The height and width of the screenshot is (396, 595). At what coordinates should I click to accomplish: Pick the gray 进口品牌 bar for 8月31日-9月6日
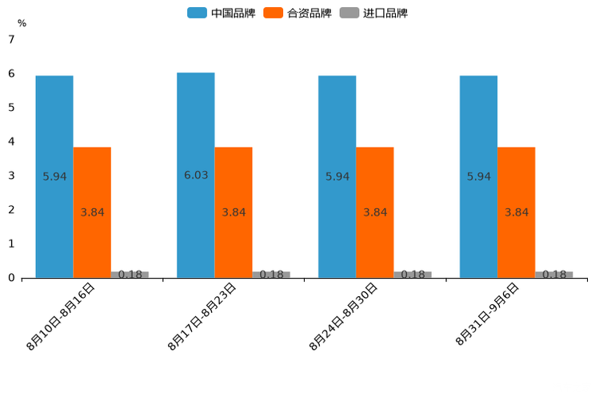pos(553,275)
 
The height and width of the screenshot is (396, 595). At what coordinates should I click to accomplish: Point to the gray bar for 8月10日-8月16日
pos(130,275)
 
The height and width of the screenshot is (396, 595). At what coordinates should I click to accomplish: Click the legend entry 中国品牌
pos(222,13)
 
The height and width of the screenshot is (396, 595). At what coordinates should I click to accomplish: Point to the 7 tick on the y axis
pos(11,39)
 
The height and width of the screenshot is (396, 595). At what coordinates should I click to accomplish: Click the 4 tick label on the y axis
pos(11,141)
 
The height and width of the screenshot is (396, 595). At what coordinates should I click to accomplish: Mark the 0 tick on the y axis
pos(11,278)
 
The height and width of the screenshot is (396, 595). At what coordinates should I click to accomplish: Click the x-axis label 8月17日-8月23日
pos(202,316)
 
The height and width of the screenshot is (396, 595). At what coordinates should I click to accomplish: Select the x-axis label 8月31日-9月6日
pos(488,315)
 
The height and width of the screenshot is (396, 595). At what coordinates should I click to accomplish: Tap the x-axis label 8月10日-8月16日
pos(61,316)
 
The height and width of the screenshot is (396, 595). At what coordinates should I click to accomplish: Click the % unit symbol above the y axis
pos(22,24)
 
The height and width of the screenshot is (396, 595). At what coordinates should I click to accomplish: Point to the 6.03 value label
pos(196,175)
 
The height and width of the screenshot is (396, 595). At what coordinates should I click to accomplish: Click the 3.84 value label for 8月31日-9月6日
pos(517,212)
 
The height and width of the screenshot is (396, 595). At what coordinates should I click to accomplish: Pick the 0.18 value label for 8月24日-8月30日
pos(413,275)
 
